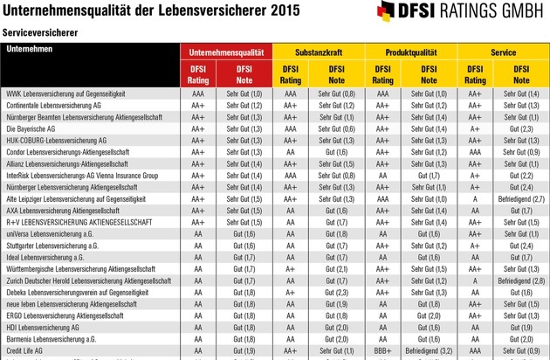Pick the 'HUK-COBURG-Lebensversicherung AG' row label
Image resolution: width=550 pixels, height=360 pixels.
coord(56,140)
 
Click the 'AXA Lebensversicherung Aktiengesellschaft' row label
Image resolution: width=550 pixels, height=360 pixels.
coord(69,210)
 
